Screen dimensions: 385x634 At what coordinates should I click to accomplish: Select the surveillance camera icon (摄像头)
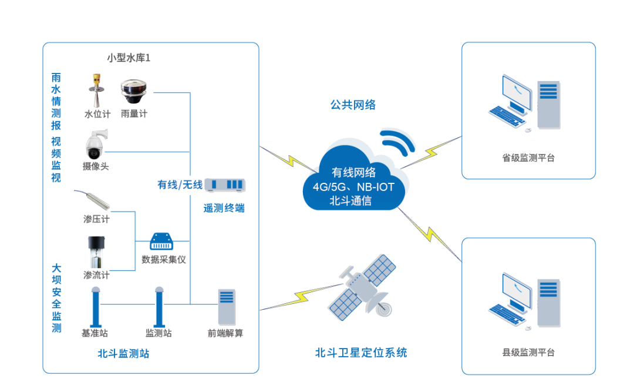click(x=96, y=143)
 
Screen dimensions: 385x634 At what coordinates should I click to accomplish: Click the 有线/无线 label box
click(x=180, y=185)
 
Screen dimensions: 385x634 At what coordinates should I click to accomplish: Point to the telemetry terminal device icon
click(x=225, y=185)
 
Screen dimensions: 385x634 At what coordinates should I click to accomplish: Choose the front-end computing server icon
click(x=227, y=307)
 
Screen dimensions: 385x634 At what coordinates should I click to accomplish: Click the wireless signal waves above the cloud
click(x=397, y=140)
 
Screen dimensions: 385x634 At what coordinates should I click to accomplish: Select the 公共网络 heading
click(x=353, y=105)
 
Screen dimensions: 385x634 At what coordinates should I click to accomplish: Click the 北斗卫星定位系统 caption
click(x=361, y=353)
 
